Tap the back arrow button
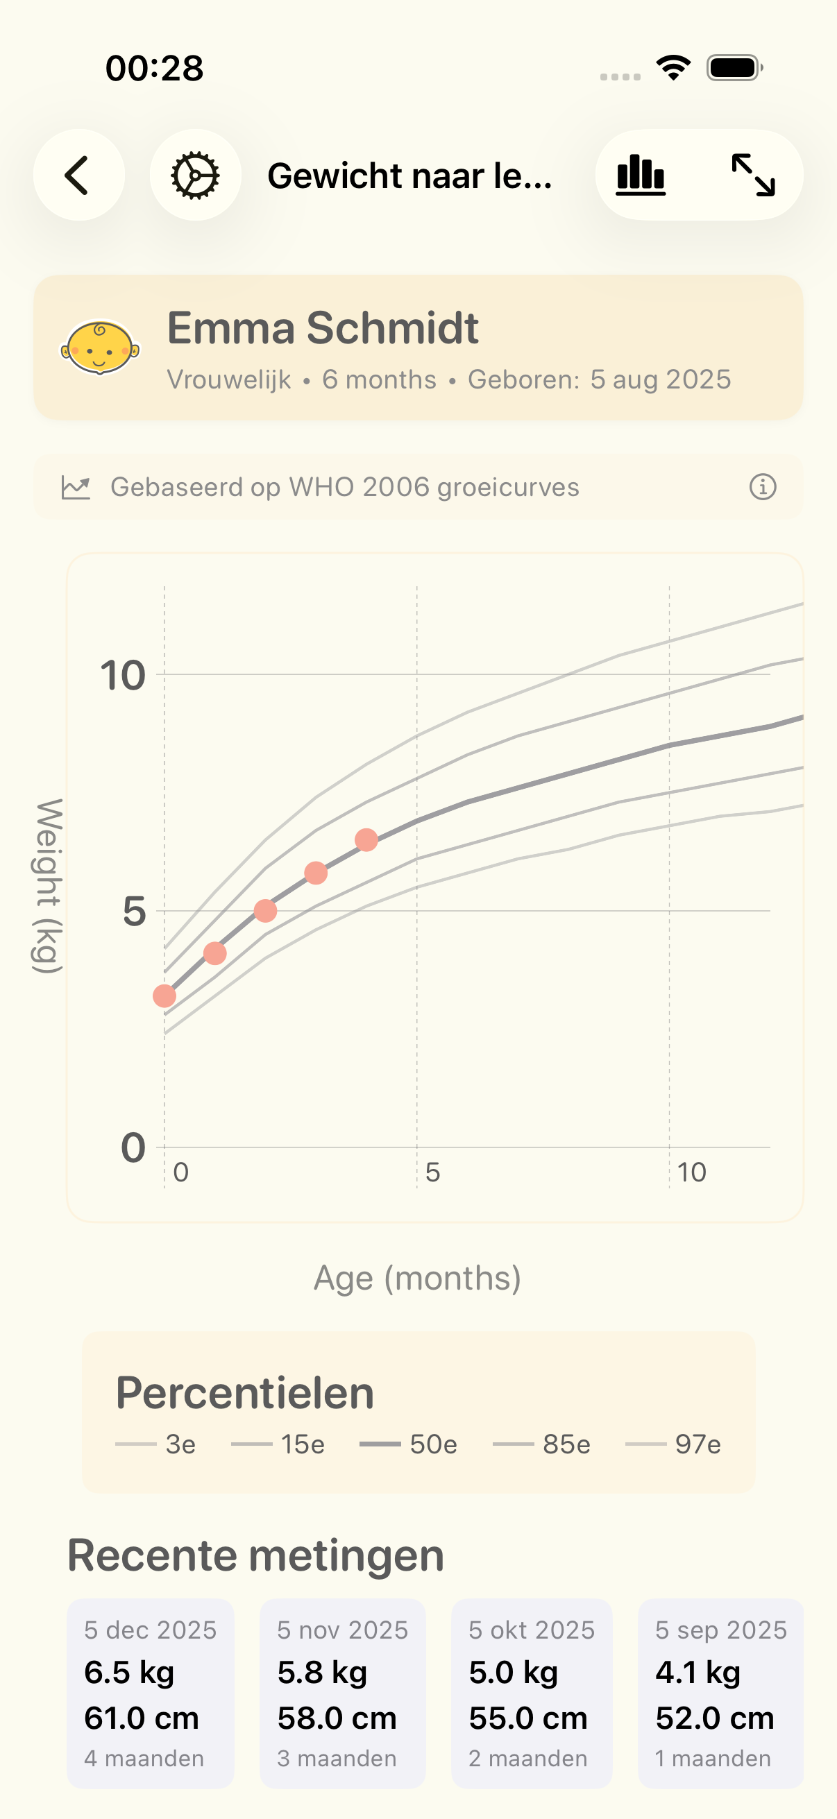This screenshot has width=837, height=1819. (x=78, y=175)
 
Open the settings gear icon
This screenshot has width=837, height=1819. (x=195, y=175)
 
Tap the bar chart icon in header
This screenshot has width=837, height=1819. (x=641, y=175)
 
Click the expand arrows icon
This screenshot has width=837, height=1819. (x=753, y=175)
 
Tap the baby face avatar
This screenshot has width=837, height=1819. (x=99, y=348)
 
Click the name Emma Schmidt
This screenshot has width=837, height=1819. (x=323, y=328)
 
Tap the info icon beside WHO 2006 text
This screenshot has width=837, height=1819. (x=762, y=487)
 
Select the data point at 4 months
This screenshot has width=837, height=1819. (x=366, y=840)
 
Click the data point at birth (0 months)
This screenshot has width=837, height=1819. (x=164, y=996)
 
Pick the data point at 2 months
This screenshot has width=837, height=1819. (x=266, y=911)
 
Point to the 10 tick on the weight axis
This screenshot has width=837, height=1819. (x=123, y=676)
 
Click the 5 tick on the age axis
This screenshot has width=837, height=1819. (x=432, y=1172)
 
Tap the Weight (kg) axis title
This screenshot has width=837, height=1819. (x=47, y=885)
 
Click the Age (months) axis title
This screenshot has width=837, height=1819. (x=417, y=1278)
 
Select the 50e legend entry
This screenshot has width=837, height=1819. (x=409, y=1444)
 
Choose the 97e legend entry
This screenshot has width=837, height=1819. (x=674, y=1444)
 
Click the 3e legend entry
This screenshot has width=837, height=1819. (x=156, y=1444)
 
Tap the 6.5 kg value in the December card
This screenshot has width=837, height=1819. (x=129, y=1672)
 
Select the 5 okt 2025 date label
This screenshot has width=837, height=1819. (x=531, y=1630)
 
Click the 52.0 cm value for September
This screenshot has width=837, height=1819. (x=714, y=1717)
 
